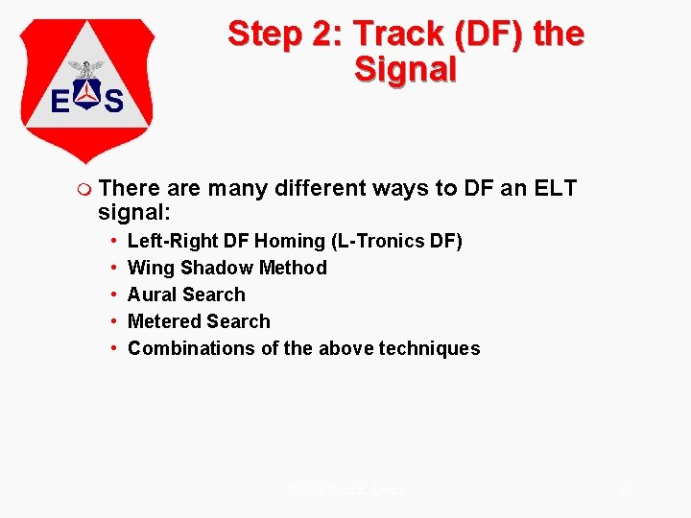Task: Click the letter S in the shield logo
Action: click(114, 100)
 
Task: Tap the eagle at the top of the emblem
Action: click(87, 69)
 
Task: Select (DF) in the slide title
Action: click(495, 35)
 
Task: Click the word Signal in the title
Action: click(405, 69)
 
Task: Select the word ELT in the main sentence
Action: click(554, 188)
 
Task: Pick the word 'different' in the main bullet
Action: click(320, 188)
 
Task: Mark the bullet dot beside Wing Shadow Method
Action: click(114, 268)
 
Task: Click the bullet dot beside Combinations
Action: click(114, 348)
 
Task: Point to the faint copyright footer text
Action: click(345, 489)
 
